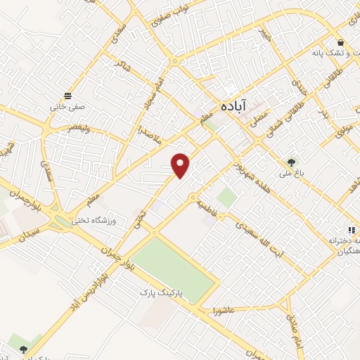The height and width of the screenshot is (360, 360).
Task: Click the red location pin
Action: [x=181, y=165]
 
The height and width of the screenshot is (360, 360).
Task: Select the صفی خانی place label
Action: [x=62, y=108]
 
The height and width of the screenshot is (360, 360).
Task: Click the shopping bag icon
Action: [x=340, y=41]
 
